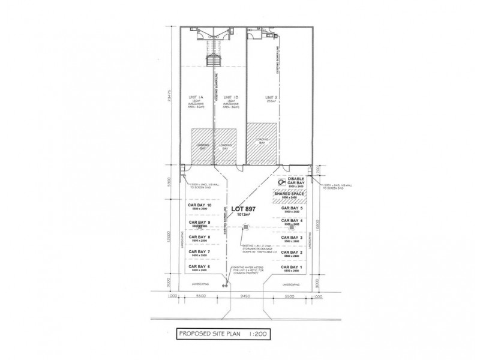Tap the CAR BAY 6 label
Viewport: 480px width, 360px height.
(199, 266)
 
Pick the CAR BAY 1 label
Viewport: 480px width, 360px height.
(292, 266)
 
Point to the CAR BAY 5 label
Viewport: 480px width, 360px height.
(292, 208)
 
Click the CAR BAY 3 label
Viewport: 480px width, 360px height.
(292, 238)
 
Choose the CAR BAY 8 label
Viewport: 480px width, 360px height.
(199, 237)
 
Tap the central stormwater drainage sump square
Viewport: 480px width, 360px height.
(245, 227)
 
